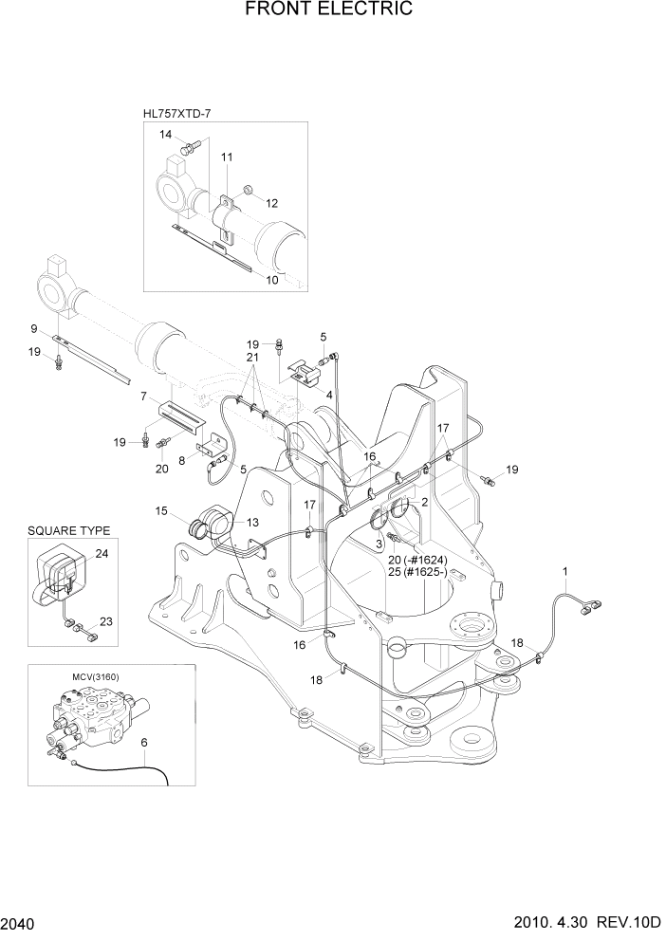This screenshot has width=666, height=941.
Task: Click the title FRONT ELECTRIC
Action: [x=328, y=10]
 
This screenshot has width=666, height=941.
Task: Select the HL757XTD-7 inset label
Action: [x=176, y=113]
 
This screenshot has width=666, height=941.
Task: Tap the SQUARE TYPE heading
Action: [x=68, y=530]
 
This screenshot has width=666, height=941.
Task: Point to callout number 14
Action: [x=166, y=136]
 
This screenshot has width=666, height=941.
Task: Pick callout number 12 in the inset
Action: [x=271, y=203]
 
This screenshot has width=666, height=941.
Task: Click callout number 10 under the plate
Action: [x=271, y=280]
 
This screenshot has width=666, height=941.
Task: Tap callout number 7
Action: [x=142, y=396]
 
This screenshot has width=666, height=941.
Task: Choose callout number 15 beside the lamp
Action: [x=161, y=512]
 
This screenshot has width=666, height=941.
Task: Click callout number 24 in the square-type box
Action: [x=102, y=555]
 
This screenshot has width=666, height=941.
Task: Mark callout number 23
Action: [x=105, y=621]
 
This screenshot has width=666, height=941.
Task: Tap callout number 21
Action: [x=252, y=357]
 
